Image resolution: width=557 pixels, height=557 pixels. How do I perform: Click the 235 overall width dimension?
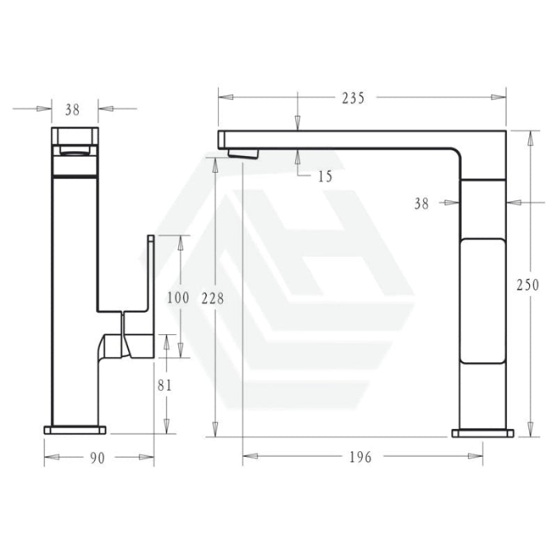pyautogui.click(x=353, y=98)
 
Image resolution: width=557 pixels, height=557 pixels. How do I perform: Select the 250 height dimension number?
pyautogui.click(x=528, y=285)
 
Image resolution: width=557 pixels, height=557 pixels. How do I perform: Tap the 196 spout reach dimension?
pyautogui.click(x=361, y=457)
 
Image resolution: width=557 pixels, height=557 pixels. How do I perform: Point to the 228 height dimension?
pyautogui.click(x=213, y=299)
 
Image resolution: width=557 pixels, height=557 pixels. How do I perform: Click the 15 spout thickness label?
pyautogui.click(x=325, y=177)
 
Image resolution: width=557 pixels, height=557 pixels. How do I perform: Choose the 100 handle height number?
pyautogui.click(x=178, y=297)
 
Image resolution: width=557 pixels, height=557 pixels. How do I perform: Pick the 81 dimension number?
pyautogui.click(x=164, y=385)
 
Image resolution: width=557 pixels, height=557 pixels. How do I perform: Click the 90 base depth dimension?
pyautogui.click(x=97, y=458)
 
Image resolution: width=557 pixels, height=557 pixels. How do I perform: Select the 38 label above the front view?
pyautogui.click(x=72, y=110)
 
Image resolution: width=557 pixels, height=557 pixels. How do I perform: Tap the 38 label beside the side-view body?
pyautogui.click(x=422, y=204)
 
